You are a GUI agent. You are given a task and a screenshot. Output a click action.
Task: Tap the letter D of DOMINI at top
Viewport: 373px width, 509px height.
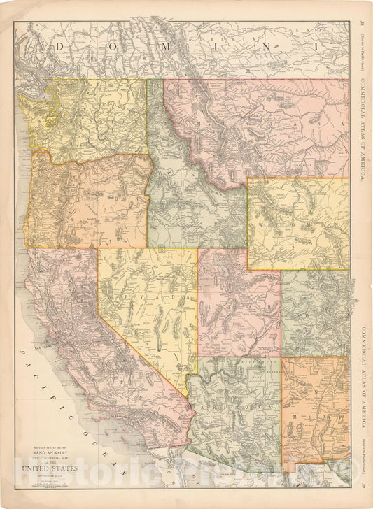[59, 45]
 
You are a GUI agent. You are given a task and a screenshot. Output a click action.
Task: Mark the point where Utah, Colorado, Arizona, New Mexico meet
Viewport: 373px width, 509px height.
[281, 357]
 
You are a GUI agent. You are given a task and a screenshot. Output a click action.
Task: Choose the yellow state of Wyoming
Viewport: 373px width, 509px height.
[297, 224]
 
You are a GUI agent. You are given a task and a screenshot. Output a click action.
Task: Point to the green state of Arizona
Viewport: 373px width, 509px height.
[238, 406]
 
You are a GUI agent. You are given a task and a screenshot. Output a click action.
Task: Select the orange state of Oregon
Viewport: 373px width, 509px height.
[84, 203]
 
